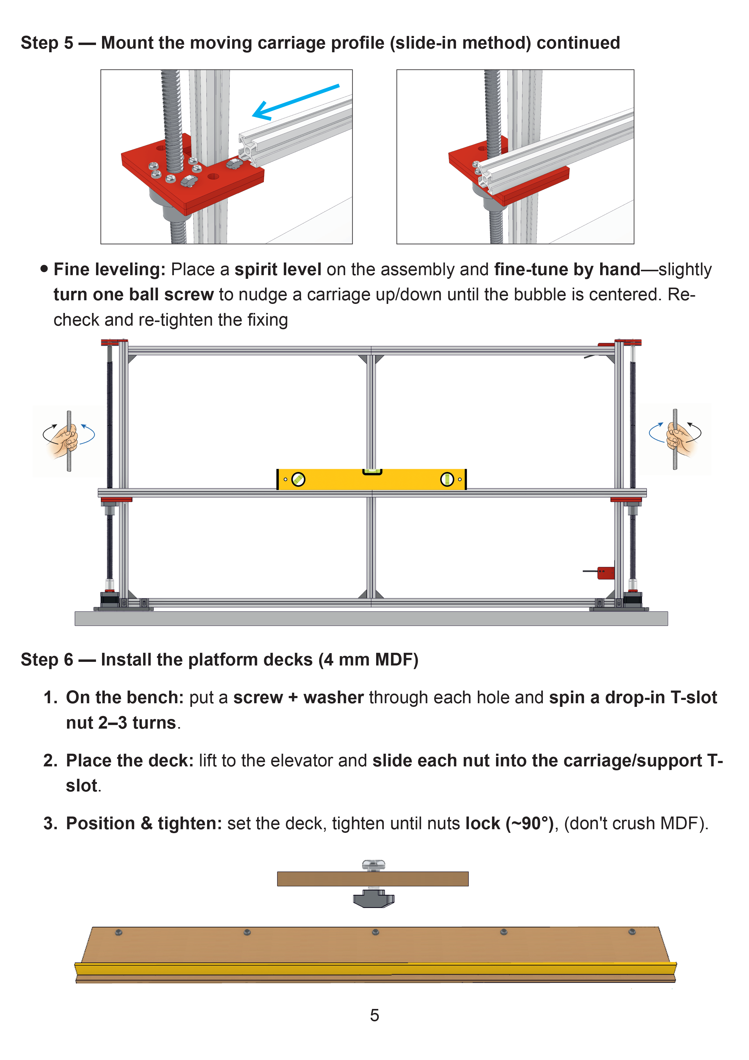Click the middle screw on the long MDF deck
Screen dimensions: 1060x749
pos(375,932)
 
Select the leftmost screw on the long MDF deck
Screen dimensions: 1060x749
pos(119,932)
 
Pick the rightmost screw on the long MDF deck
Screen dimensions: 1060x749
pos(632,932)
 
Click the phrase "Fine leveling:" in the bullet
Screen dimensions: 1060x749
pos(109,270)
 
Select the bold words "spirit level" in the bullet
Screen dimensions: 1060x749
pos(277,270)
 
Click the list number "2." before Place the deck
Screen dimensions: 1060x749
pos(50,760)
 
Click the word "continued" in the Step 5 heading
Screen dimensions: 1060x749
pos(578,43)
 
